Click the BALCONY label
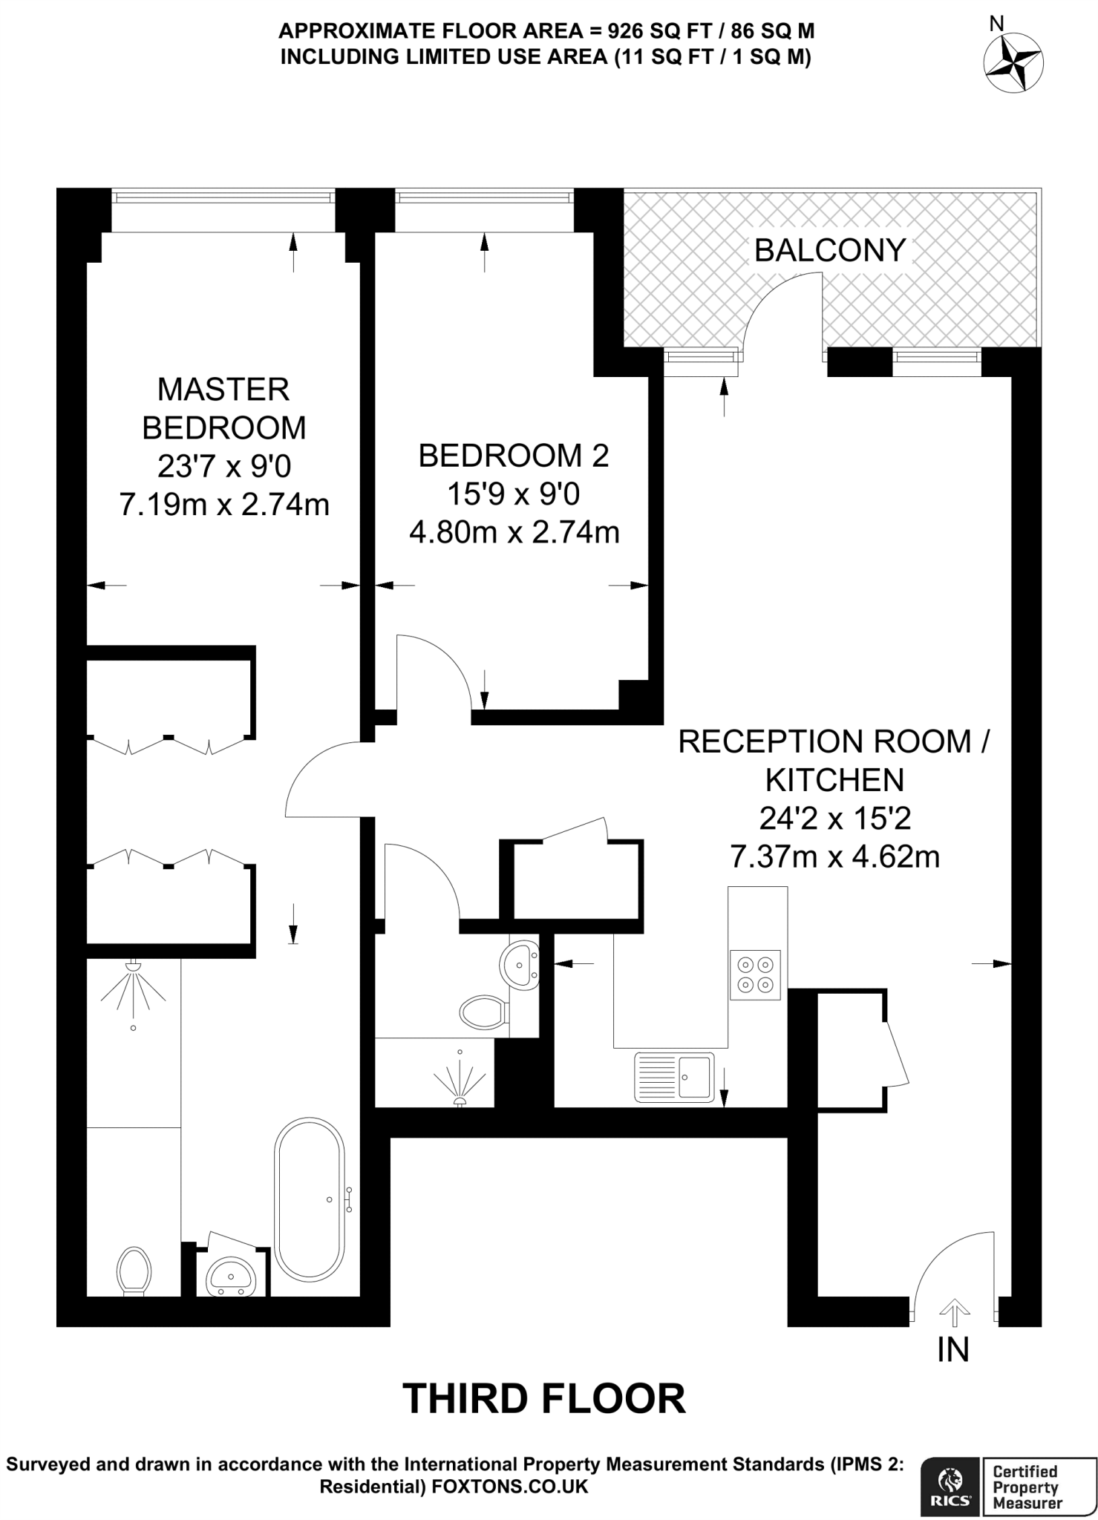point(829,250)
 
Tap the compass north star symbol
point(1013,62)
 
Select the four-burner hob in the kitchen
point(756,974)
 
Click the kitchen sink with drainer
point(674,1077)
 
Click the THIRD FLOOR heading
point(543,1398)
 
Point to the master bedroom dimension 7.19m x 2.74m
point(224,505)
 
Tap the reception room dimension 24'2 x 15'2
point(834,818)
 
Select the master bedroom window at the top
point(223,197)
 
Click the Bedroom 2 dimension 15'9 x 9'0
point(514,494)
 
